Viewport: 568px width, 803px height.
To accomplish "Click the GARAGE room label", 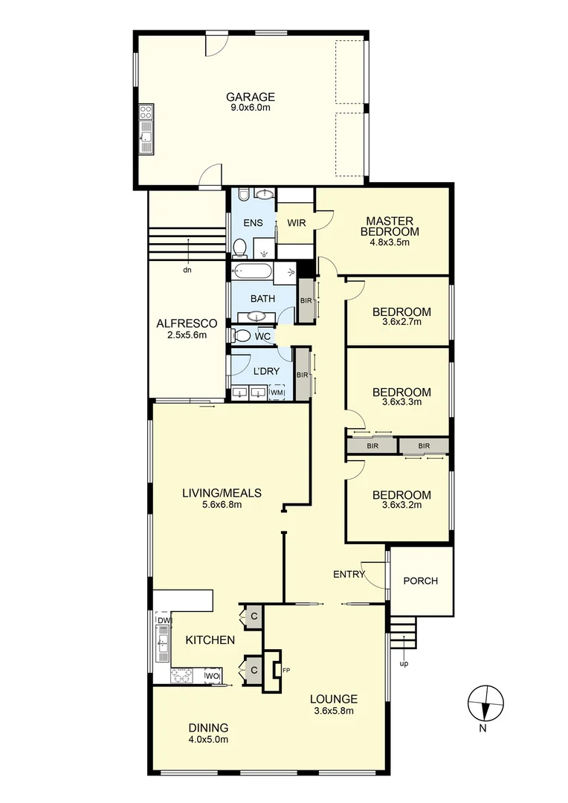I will (x=251, y=97).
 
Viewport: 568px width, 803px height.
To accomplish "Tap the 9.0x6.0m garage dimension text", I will (x=251, y=108).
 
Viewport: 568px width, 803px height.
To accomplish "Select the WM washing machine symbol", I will (x=277, y=392).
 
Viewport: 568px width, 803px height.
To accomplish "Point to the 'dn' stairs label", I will (x=187, y=270).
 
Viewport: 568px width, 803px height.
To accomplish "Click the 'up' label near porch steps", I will (x=404, y=663).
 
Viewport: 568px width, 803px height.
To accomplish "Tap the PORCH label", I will (x=420, y=581).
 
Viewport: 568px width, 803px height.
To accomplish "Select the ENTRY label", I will (x=349, y=574).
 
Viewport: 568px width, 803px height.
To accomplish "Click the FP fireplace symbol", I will (x=285, y=671).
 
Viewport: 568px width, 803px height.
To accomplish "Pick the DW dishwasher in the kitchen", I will (x=163, y=620).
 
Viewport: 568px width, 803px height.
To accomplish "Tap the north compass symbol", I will (x=485, y=703).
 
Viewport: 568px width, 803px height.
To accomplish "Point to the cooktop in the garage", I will (x=146, y=113).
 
